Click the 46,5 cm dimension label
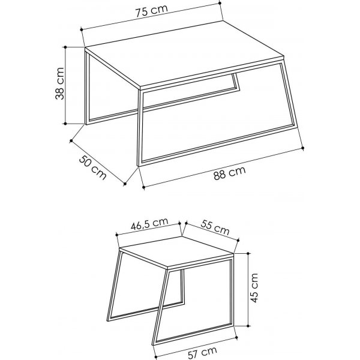click(149, 226)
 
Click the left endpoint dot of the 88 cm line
click(144, 188)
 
